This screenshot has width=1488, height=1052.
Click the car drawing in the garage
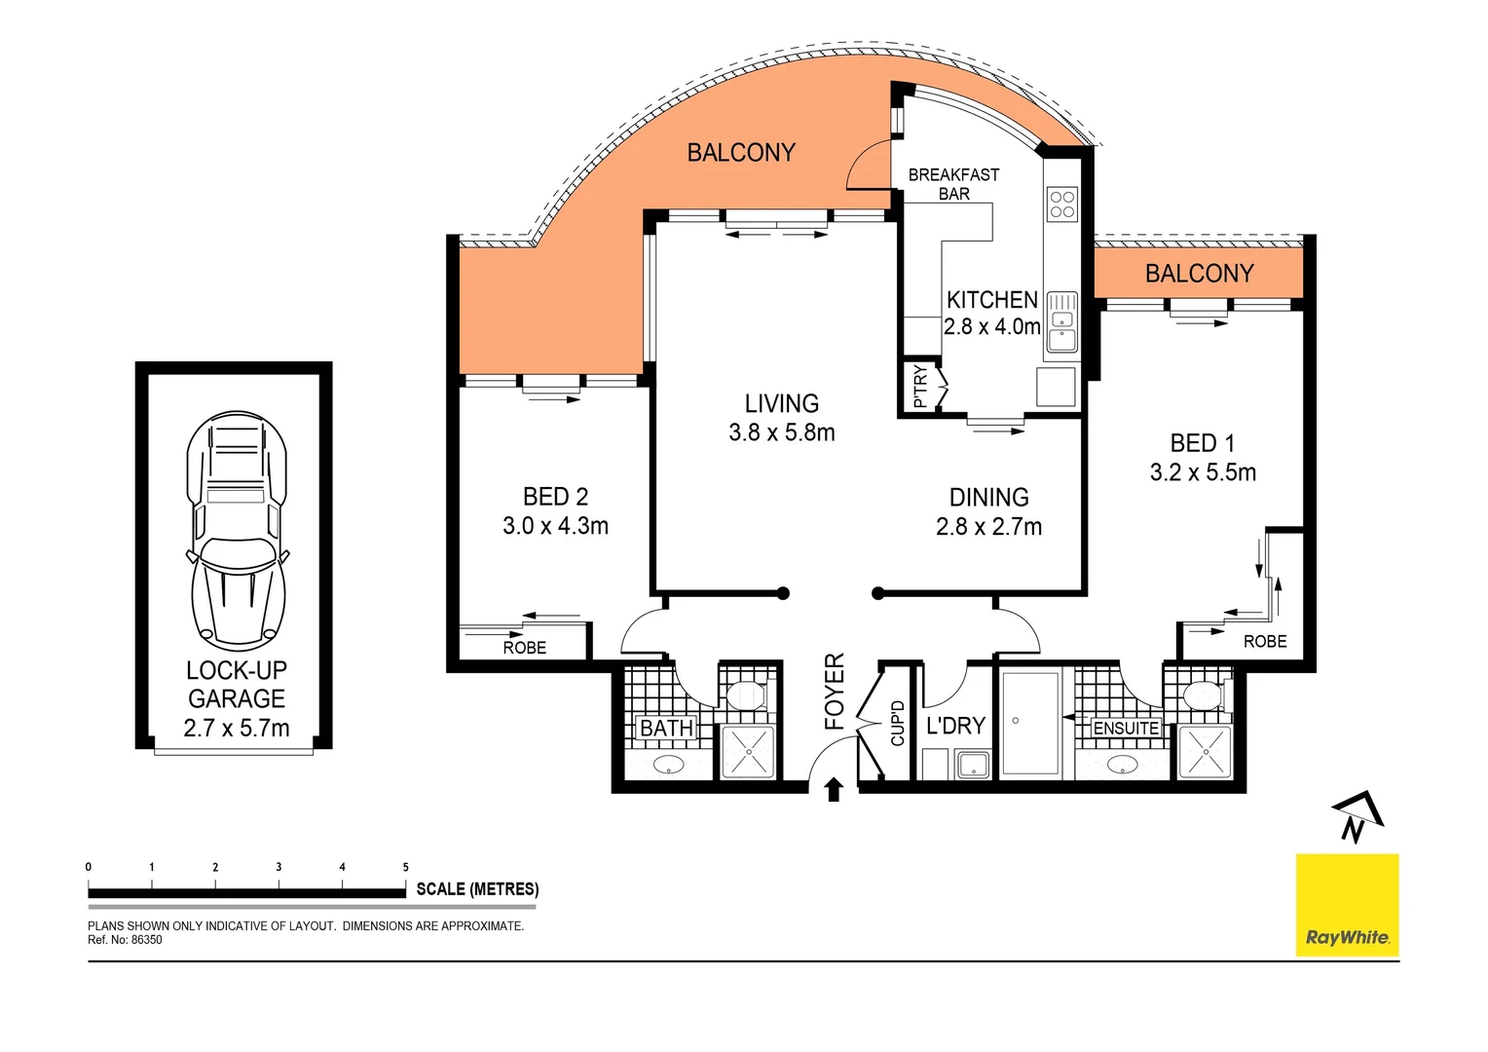[x=237, y=531]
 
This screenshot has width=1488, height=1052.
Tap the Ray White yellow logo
[x=1347, y=905]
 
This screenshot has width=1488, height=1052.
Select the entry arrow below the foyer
[x=834, y=789]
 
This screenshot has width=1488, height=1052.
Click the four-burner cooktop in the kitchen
[x=1061, y=205]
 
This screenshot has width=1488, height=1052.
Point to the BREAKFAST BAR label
[x=953, y=184]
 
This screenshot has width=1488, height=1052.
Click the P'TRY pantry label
[x=920, y=387]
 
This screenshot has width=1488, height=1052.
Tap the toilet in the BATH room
[x=747, y=695]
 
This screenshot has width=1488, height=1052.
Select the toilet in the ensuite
[x=1203, y=695]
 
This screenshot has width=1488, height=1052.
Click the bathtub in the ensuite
[x=1030, y=722]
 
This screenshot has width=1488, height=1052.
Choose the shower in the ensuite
[x=1205, y=752]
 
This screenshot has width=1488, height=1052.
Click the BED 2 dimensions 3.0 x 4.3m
[x=555, y=526]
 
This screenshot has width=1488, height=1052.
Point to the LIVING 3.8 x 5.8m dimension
[x=782, y=432]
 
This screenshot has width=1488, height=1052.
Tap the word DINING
[x=988, y=498]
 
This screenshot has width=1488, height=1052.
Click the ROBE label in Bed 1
[x=1265, y=641]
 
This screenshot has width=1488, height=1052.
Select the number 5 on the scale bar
[x=405, y=867]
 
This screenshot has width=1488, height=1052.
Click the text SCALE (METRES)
[x=477, y=889]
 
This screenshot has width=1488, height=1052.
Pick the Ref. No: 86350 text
[x=126, y=940]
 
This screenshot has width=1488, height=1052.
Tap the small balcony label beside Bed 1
[x=1199, y=274]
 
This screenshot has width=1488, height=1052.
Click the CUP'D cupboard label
[x=898, y=724]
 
